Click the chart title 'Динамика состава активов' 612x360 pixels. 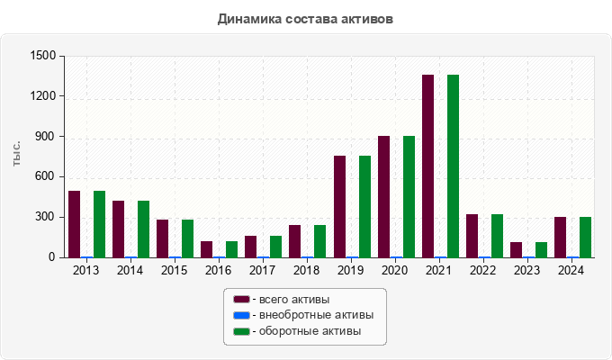pyautogui.click(x=305, y=18)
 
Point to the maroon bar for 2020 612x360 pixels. pyautogui.click(x=383, y=197)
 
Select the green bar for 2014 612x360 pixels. pyautogui.click(x=143, y=229)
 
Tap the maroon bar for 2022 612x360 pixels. pyautogui.click(x=472, y=236)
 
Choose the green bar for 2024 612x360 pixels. pyautogui.click(x=585, y=238)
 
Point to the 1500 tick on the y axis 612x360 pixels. pyautogui.click(x=42, y=56)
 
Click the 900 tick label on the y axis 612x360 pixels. pyautogui.click(x=46, y=137)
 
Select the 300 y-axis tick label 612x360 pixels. pyautogui.click(x=46, y=217)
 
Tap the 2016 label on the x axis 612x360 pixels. pyautogui.click(x=219, y=270)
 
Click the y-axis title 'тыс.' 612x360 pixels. pyautogui.click(x=16, y=154)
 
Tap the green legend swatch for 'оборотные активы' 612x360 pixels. pyautogui.click(x=240, y=331)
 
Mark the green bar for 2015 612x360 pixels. pyautogui.click(x=187, y=238)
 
